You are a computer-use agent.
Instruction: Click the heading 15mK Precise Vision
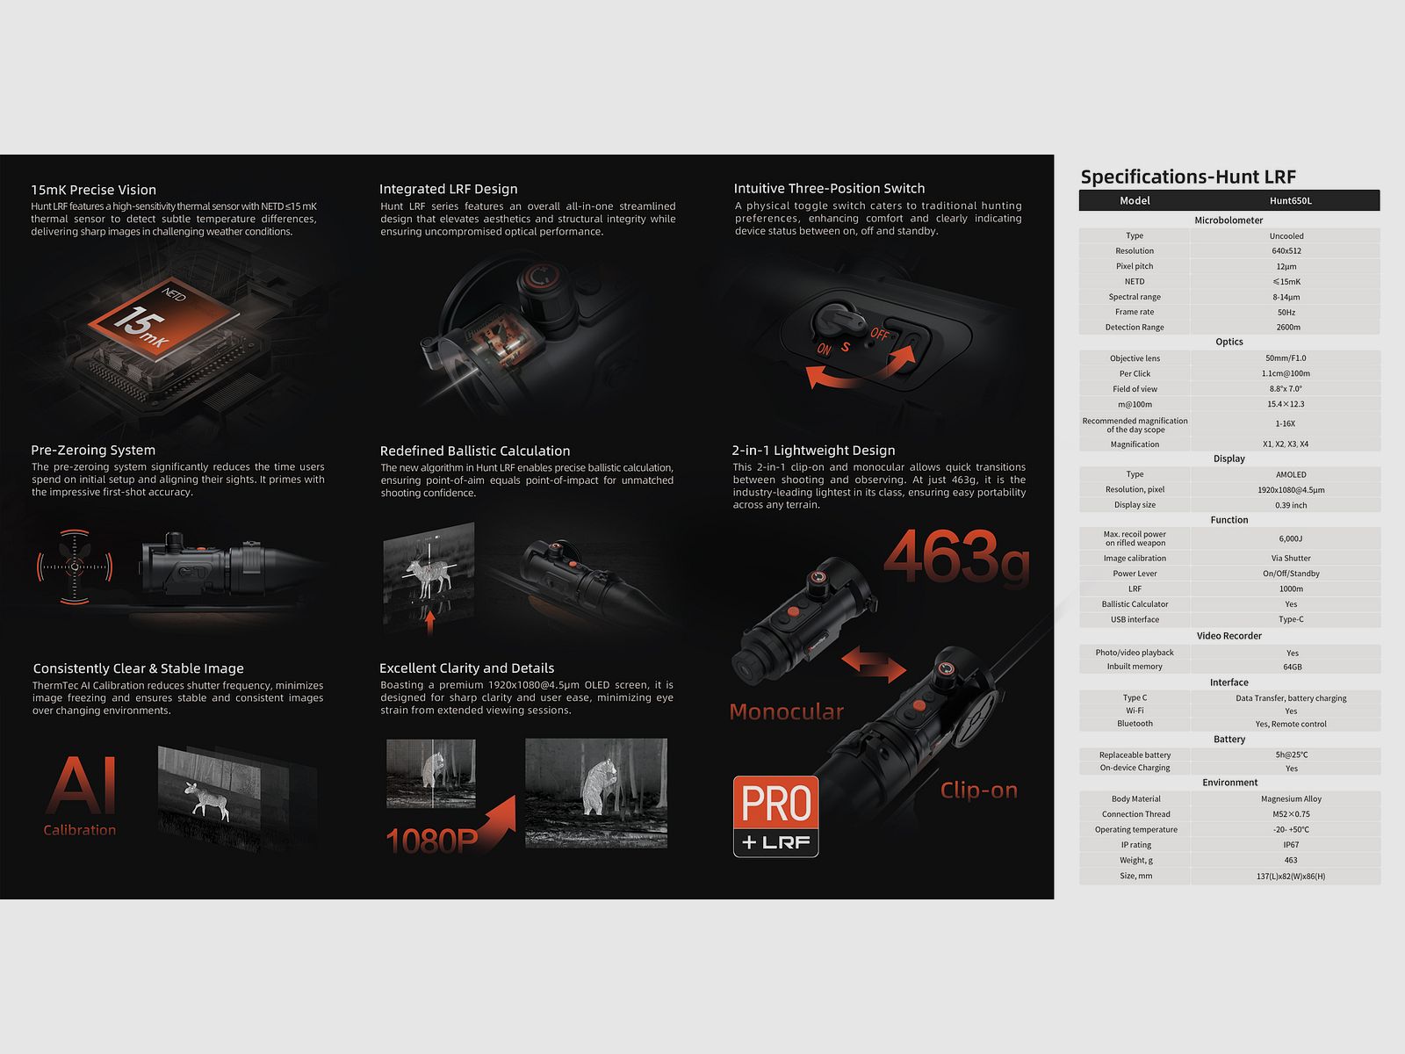tap(93, 190)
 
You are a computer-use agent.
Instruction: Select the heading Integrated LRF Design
tap(448, 189)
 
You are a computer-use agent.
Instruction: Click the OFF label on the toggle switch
tap(880, 334)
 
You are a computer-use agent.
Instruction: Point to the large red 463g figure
tap(957, 556)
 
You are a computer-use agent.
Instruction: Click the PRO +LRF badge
tap(775, 816)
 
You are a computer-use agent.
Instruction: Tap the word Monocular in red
tap(786, 711)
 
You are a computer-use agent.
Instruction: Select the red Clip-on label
tap(979, 790)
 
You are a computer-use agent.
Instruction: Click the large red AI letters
tap(82, 784)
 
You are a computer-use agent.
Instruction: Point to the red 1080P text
tap(432, 841)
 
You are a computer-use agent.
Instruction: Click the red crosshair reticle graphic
tap(75, 567)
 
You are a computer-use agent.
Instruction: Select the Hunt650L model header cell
tap(1291, 201)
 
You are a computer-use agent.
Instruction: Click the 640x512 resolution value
tap(1286, 251)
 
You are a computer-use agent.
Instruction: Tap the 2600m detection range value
tap(1288, 327)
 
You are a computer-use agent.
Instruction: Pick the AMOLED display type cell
tap(1291, 474)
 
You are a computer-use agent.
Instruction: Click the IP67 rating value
tap(1291, 845)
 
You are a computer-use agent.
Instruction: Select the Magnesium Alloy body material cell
tap(1291, 798)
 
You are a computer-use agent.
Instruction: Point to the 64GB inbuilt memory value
tap(1293, 667)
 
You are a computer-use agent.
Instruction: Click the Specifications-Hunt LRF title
tap(1188, 177)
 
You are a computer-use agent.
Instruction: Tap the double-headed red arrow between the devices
tap(874, 664)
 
